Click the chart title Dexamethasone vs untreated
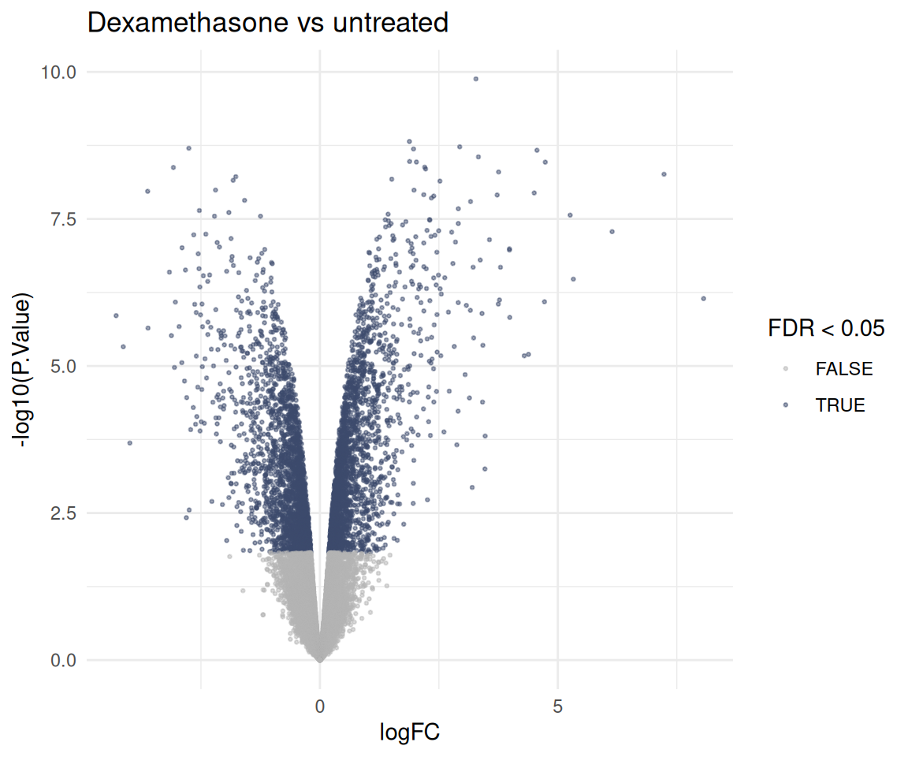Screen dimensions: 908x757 (x=267, y=23)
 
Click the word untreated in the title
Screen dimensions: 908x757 (x=390, y=23)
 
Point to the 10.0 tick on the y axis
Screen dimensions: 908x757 (x=58, y=73)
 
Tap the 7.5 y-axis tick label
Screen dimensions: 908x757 (x=64, y=219)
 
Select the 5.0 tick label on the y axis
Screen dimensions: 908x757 (x=64, y=367)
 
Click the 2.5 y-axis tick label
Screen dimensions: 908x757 (x=64, y=513)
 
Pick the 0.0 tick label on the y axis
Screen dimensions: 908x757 (x=64, y=660)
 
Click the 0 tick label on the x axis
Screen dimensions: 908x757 (x=320, y=706)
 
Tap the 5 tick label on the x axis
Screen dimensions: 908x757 (x=558, y=706)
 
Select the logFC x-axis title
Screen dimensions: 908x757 (x=409, y=732)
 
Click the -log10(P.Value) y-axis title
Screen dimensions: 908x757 (x=23, y=370)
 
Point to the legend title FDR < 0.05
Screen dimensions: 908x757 (x=826, y=328)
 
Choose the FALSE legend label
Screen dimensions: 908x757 (x=843, y=369)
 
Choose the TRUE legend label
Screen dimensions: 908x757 (x=839, y=405)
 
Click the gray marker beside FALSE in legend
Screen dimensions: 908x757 (x=786, y=369)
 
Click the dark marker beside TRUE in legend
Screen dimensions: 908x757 (x=786, y=405)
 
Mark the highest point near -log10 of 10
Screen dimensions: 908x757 (x=476, y=79)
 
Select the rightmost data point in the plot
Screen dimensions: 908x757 (x=704, y=299)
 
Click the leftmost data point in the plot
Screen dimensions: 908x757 (x=117, y=315)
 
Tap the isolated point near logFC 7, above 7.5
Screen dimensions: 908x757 (x=664, y=174)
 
